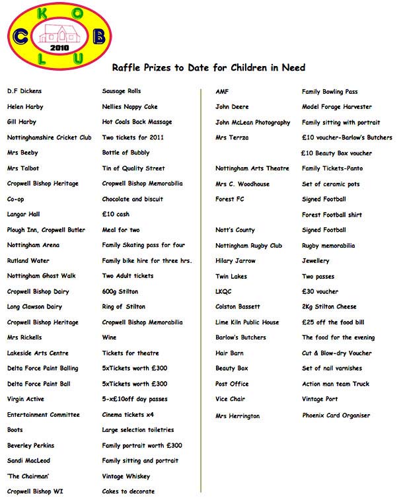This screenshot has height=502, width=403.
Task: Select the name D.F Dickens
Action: (x=24, y=91)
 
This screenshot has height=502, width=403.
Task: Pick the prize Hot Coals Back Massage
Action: (x=137, y=122)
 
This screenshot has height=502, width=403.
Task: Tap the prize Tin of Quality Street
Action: (x=133, y=168)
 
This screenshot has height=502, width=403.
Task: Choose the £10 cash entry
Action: (x=116, y=215)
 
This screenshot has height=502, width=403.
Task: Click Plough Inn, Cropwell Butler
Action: (x=46, y=230)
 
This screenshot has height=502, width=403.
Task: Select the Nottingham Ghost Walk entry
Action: (x=41, y=276)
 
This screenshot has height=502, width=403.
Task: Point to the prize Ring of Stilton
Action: (x=124, y=307)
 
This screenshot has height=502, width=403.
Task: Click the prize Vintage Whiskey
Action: (x=126, y=476)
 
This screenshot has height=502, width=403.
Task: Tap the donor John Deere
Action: (x=231, y=106)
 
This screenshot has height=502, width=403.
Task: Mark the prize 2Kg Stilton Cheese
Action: (x=329, y=307)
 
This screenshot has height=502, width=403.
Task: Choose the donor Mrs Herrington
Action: (x=237, y=416)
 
